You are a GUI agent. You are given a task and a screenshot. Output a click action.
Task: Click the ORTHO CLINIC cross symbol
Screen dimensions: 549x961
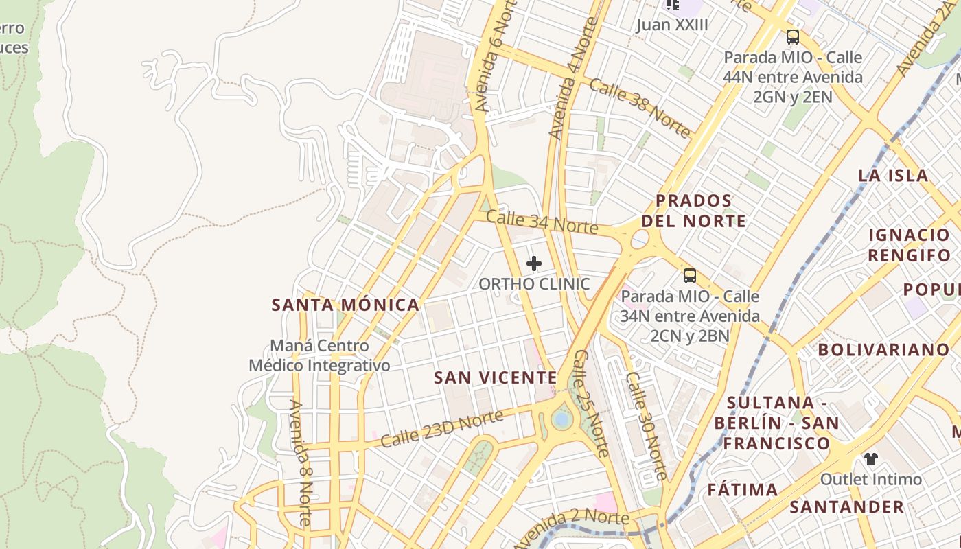533,264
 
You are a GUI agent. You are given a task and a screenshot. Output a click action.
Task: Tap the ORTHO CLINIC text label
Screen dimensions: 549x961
533,283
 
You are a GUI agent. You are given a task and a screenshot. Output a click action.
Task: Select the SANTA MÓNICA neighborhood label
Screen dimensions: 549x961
345,305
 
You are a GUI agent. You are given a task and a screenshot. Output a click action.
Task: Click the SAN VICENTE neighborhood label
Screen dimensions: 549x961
496,377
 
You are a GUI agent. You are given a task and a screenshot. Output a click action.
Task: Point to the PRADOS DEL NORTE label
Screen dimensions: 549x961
701,211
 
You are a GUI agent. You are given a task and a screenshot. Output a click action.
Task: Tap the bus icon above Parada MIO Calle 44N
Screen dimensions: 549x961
793,37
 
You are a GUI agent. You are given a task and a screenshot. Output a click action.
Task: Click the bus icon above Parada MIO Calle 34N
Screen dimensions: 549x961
690,277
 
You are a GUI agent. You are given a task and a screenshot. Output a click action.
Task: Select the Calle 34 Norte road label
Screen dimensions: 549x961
542,222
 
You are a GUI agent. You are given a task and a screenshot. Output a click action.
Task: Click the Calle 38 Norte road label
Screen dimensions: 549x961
640,108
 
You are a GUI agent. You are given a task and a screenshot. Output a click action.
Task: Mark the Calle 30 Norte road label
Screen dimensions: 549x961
646,425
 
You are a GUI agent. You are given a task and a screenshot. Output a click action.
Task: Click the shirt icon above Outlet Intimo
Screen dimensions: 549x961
870,458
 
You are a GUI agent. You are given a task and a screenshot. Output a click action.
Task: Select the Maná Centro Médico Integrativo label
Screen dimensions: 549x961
319,355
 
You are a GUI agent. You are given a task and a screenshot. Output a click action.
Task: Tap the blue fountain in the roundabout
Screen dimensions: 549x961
561,419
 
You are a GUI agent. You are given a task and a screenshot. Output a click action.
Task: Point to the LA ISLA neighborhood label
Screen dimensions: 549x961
893,175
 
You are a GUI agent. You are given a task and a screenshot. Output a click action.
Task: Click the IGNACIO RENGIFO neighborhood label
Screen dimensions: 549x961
909,245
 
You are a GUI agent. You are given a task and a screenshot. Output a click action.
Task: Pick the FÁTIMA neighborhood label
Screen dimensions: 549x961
743,490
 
